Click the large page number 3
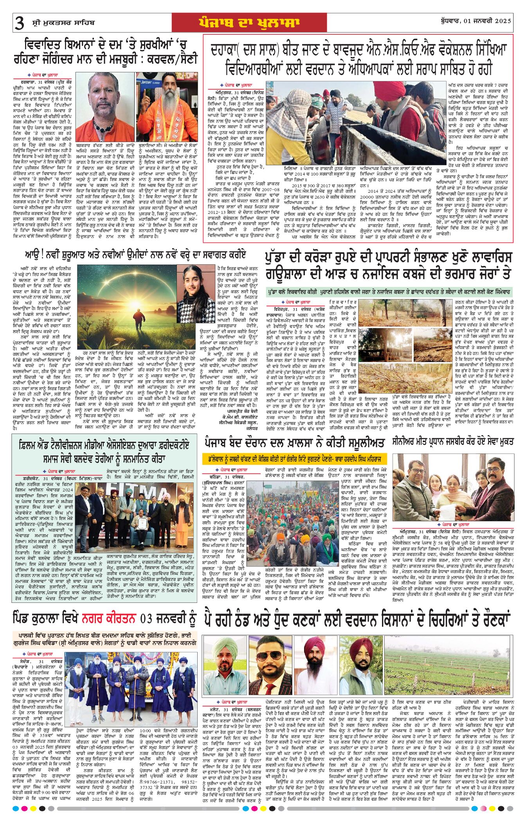point(19,23)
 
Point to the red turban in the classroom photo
point(389,91)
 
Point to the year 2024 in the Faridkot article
point(67,490)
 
